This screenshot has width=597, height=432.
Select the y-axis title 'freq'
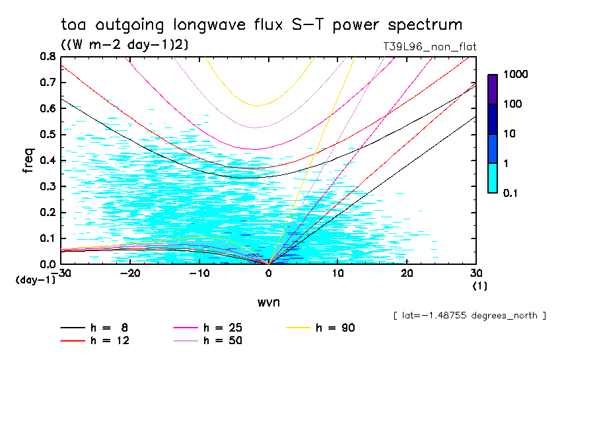[28, 161]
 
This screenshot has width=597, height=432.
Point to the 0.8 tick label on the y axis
[48, 57]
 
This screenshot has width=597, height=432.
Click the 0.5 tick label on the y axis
[48, 135]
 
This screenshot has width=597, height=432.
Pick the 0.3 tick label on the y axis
[48, 186]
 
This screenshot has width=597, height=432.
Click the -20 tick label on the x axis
[129, 273]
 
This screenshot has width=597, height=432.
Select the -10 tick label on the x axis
[199, 273]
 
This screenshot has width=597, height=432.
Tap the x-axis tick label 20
[407, 273]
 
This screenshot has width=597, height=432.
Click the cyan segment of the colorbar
[493, 178]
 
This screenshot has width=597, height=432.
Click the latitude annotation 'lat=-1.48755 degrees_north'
[470, 316]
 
